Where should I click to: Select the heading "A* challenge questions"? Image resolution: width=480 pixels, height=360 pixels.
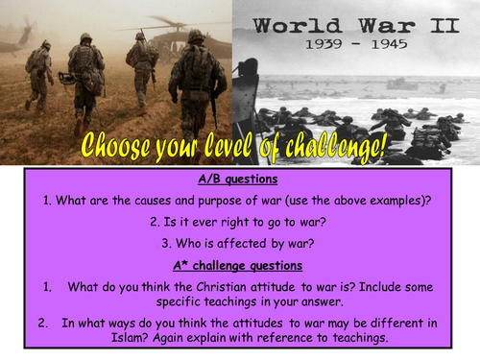click(x=239, y=264)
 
